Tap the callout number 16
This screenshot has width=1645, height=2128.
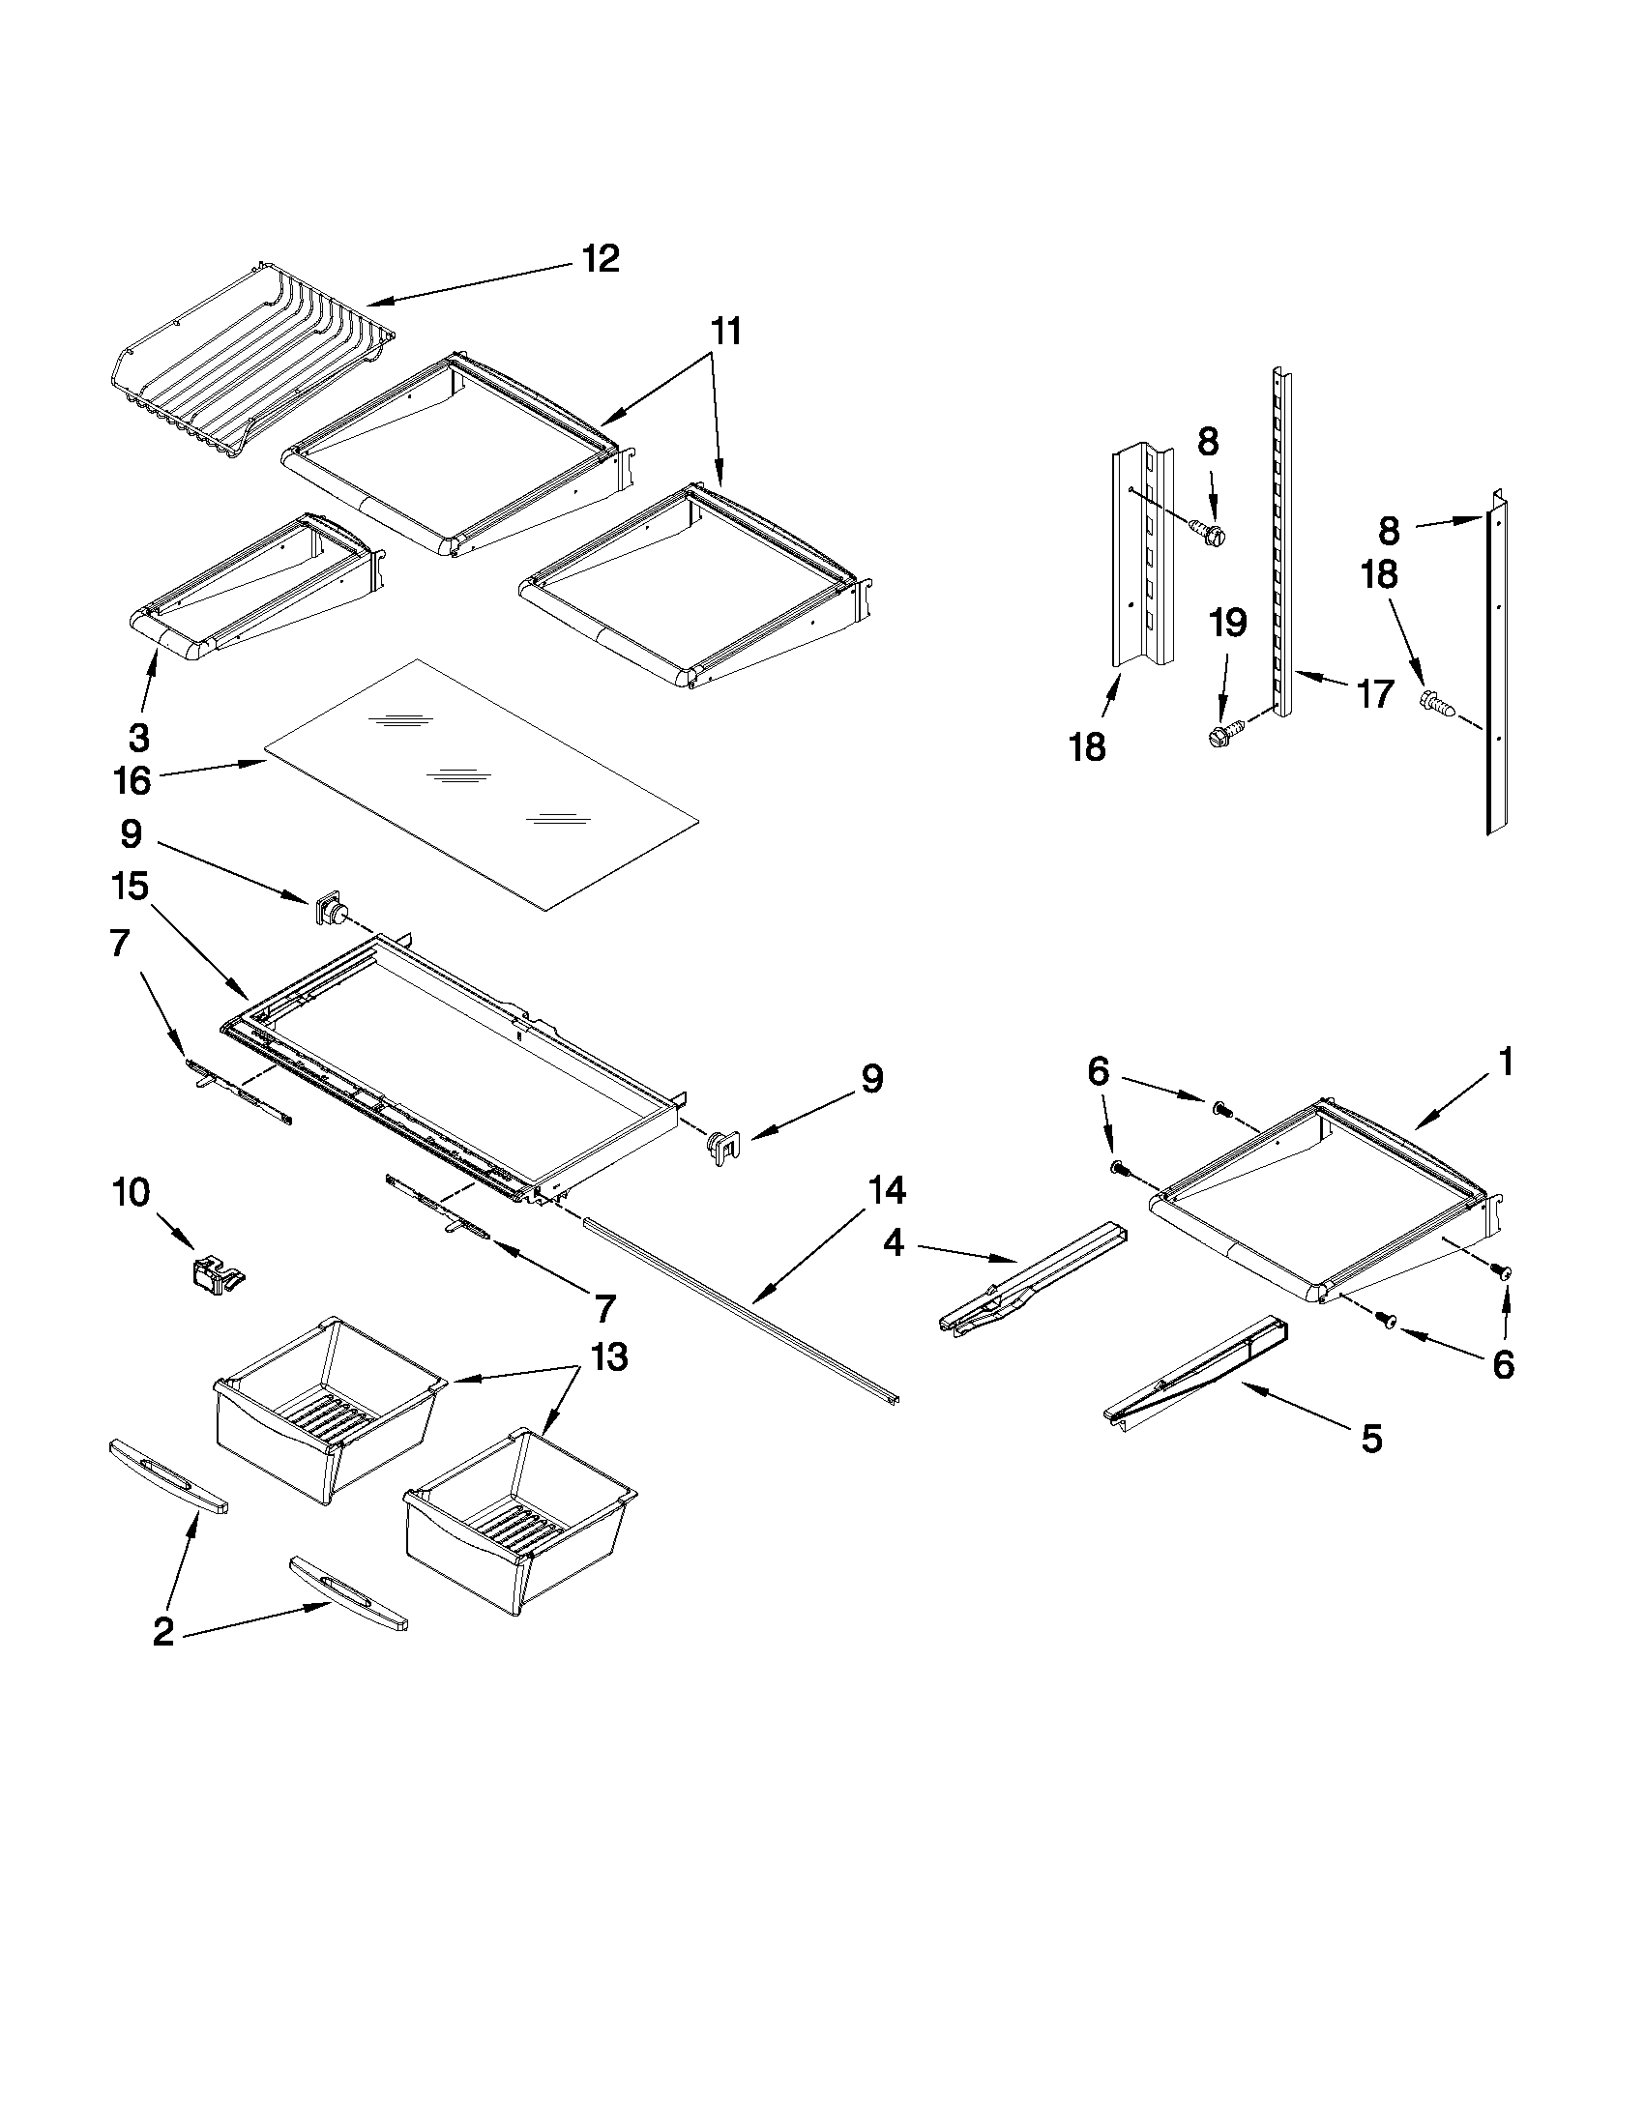click(132, 779)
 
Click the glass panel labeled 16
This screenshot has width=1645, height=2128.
click(483, 784)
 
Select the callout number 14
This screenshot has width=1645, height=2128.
click(888, 1190)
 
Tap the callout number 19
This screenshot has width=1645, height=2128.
click(1228, 623)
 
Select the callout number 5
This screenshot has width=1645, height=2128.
click(1371, 1438)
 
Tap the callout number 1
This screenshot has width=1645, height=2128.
click(1505, 1061)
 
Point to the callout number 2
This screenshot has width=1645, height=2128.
click(162, 1632)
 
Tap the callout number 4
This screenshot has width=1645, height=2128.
click(894, 1242)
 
